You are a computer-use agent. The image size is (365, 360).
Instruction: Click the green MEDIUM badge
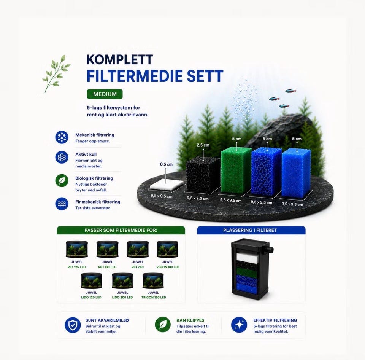(x=105, y=94)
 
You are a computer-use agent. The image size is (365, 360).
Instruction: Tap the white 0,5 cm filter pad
(x=167, y=185)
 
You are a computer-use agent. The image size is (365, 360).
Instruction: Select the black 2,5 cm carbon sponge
(x=203, y=175)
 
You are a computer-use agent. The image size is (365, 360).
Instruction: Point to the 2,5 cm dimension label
(x=203, y=145)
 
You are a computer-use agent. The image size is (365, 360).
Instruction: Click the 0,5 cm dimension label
(x=166, y=164)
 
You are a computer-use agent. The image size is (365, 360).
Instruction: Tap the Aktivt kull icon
(x=62, y=157)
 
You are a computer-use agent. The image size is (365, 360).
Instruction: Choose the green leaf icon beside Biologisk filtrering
(x=62, y=181)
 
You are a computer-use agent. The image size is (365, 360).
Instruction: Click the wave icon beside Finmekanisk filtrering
(x=62, y=204)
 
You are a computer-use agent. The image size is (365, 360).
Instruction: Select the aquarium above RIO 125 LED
(x=77, y=249)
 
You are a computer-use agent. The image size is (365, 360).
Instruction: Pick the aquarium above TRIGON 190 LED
(x=153, y=281)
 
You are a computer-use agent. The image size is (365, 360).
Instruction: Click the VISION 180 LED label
(x=168, y=267)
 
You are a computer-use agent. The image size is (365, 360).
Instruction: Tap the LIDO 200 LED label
(x=122, y=297)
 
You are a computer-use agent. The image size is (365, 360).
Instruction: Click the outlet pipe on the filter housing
(x=270, y=250)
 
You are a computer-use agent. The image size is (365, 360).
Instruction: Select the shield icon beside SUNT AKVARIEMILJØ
(x=73, y=325)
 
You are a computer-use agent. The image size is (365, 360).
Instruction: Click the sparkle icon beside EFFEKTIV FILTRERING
(x=239, y=325)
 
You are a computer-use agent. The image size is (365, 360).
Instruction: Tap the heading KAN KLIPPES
(x=190, y=320)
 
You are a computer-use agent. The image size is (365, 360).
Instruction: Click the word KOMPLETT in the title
(x=120, y=59)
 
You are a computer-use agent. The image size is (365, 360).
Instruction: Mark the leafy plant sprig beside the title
(x=56, y=73)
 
